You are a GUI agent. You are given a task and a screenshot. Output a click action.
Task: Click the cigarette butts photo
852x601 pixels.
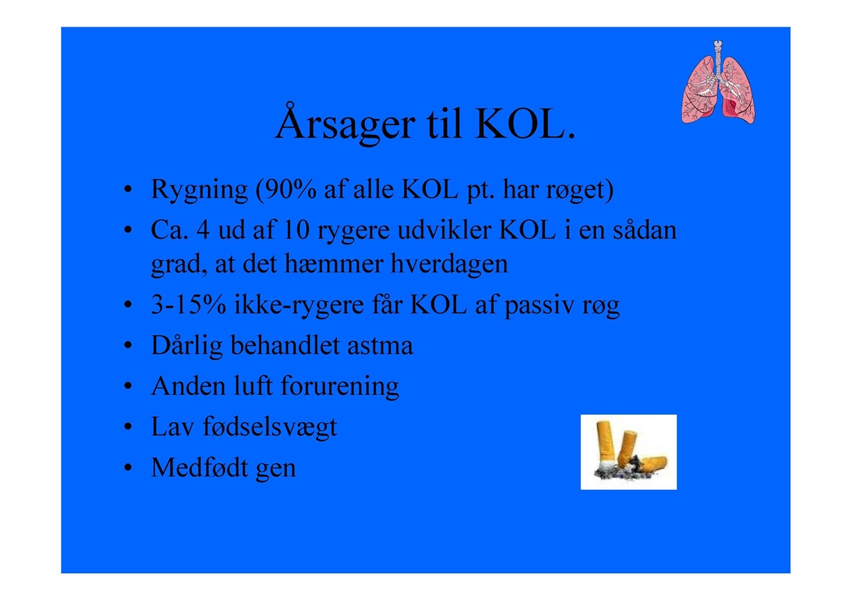click(628, 452)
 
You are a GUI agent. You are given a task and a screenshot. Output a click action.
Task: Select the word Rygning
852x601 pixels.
click(199, 190)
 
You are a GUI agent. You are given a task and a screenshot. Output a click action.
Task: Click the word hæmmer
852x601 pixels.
click(333, 264)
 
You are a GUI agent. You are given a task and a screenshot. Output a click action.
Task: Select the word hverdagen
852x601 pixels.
click(449, 265)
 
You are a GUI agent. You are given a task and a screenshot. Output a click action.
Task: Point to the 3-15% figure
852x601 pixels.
click(188, 304)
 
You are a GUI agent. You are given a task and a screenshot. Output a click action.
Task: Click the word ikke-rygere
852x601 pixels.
click(299, 306)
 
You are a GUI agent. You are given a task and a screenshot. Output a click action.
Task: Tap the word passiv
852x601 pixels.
click(539, 306)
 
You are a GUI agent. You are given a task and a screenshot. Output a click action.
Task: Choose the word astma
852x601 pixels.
click(380, 346)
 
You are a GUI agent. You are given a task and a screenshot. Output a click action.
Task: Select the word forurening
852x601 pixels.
click(339, 387)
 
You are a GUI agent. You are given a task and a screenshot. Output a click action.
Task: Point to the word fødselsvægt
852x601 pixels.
click(270, 427)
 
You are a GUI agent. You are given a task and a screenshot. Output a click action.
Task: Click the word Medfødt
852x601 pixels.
click(199, 467)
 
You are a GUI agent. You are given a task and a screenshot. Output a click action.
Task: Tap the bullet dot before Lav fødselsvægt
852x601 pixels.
click(128, 427)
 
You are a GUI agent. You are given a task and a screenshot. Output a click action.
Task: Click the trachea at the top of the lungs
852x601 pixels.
click(718, 57)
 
